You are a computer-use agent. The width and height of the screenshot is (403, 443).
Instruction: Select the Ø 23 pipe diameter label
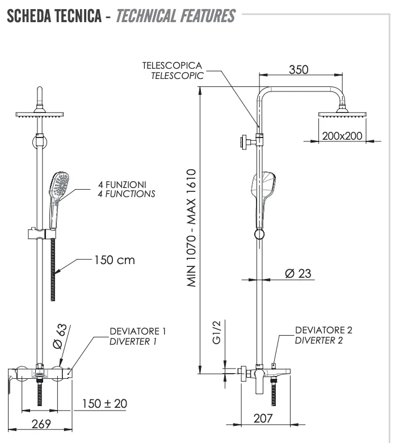297,274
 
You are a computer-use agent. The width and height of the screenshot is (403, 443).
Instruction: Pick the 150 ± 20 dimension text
104,404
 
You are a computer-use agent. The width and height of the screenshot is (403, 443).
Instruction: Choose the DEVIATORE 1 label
138,331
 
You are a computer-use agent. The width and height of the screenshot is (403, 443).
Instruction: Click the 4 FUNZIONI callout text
121,185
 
